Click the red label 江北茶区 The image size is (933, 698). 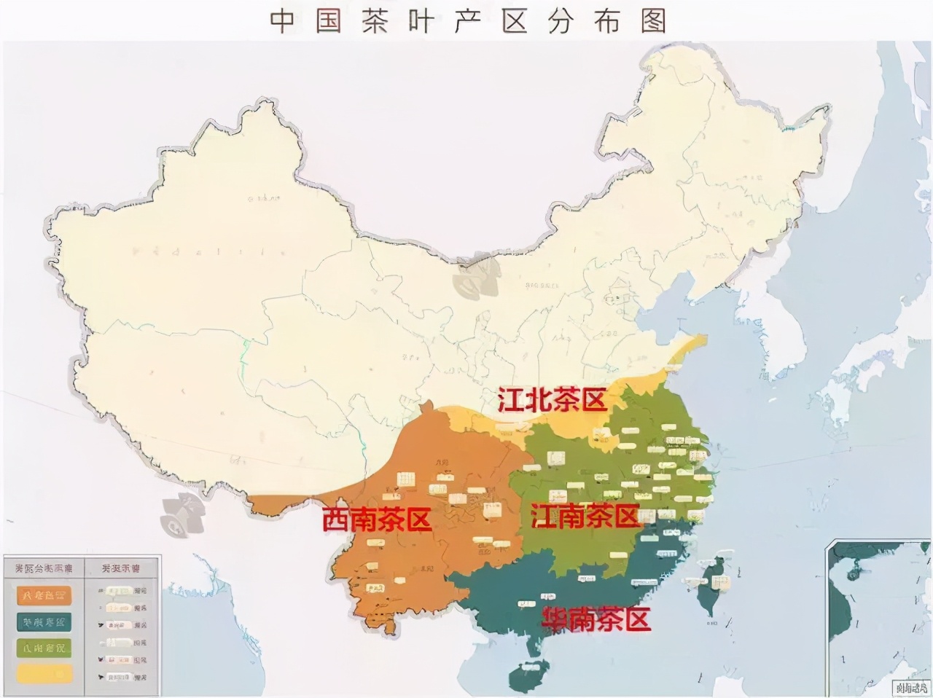pos(552,401)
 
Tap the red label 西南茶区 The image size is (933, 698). pos(377,519)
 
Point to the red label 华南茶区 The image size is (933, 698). pos(596,619)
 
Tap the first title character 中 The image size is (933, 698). pos(283,21)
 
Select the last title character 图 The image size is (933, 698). pos(654,21)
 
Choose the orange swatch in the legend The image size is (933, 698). pos(44,596)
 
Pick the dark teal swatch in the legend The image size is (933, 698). pos(44,621)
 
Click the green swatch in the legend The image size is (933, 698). pos(44,647)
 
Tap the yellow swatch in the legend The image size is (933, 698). pos(44,672)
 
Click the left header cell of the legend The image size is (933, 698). pos(43,568)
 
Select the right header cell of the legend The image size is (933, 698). pos(120,568)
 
